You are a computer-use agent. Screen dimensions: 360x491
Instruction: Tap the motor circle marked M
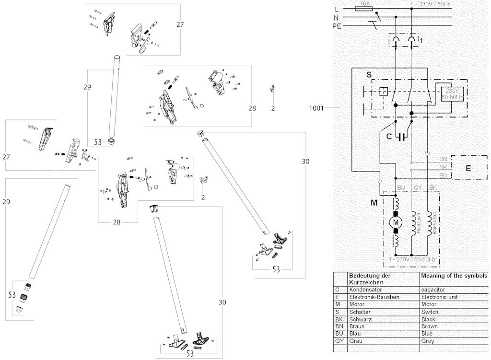(396, 221)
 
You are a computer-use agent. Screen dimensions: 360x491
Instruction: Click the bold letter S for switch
(368, 75)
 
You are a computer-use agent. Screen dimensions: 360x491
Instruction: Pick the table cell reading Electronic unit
(440, 297)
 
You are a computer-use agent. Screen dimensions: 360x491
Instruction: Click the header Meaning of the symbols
(453, 276)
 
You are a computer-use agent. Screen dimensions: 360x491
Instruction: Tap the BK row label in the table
(338, 319)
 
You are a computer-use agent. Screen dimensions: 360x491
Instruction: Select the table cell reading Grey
(427, 341)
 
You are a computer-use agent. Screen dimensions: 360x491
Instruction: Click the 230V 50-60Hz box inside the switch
(451, 94)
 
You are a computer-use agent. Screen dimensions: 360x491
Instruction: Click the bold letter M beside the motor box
(374, 203)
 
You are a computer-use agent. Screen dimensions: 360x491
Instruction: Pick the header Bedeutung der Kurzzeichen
(370, 279)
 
